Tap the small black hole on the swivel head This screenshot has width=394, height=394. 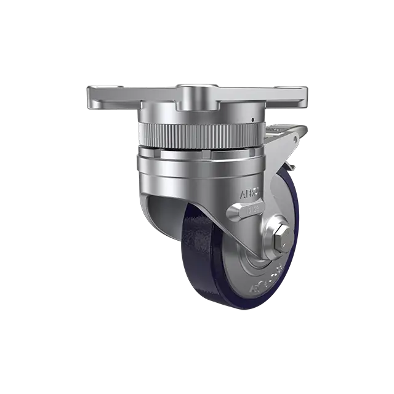pos(252,118)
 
